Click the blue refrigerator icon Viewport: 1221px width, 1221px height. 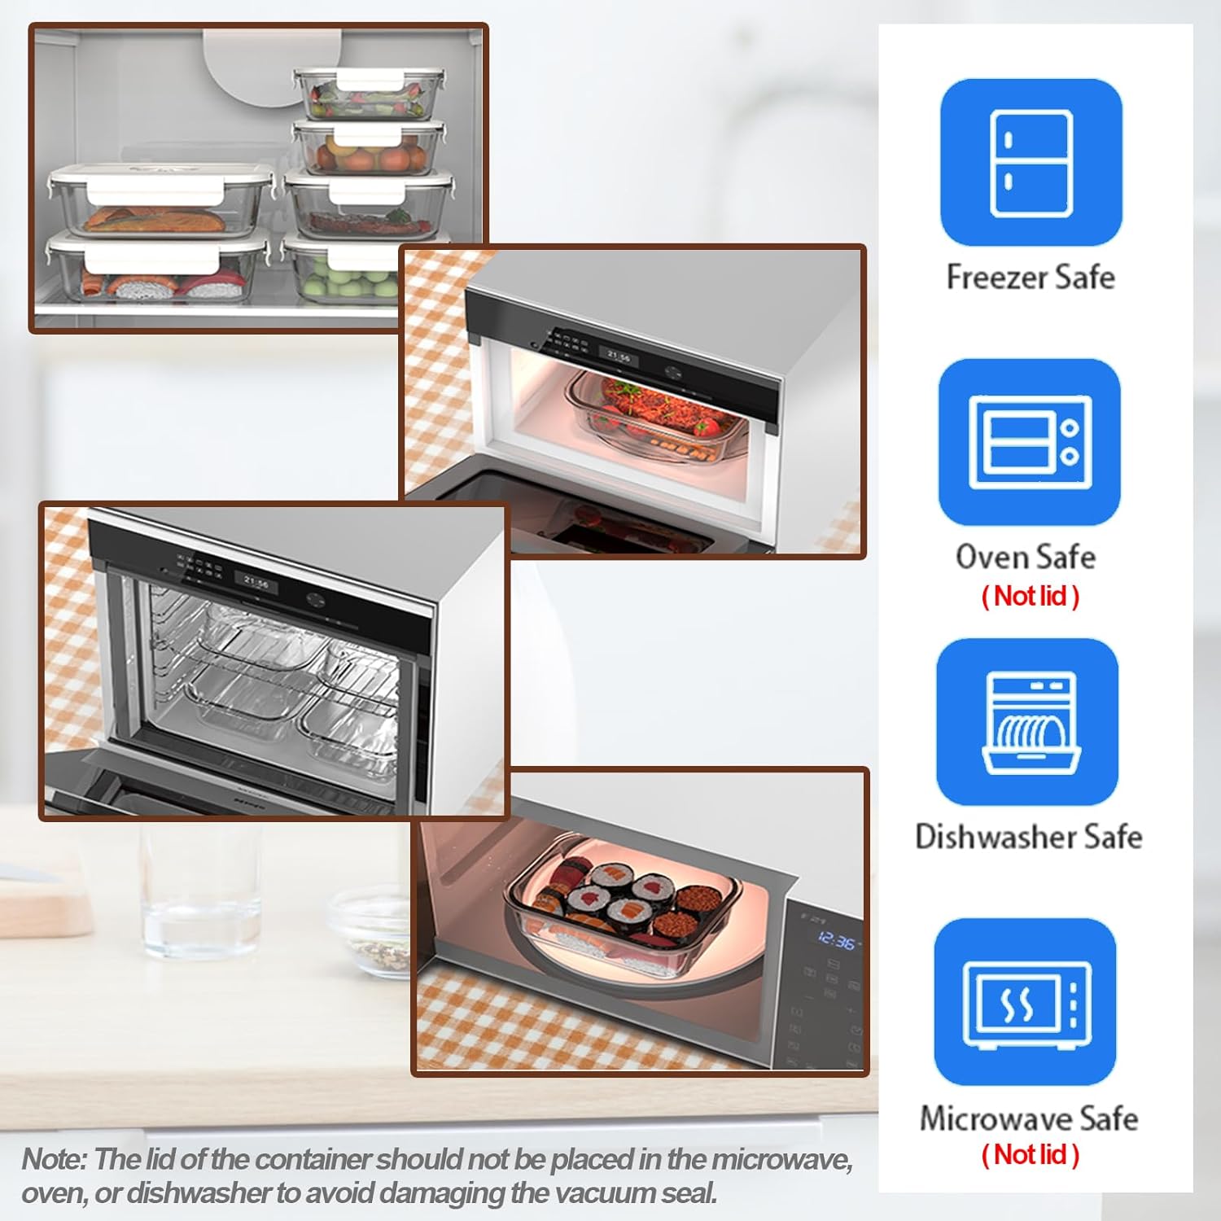click(x=1031, y=162)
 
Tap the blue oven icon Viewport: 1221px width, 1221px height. click(x=1030, y=442)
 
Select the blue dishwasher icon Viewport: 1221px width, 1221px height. click(x=1028, y=722)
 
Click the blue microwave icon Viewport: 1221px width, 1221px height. click(x=1026, y=1002)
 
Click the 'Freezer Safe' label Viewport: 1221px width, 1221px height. click(x=1031, y=278)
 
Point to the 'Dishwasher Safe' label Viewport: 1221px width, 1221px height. click(x=1029, y=837)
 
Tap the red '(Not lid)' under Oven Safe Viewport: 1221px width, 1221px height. click(x=1031, y=596)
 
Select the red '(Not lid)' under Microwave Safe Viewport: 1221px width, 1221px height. click(x=1031, y=1154)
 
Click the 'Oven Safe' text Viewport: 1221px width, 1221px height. click(x=1026, y=558)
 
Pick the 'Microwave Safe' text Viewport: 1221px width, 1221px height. click(x=1029, y=1118)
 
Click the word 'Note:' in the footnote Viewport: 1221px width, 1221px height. click(x=54, y=1159)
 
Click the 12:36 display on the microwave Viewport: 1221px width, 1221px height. click(x=836, y=941)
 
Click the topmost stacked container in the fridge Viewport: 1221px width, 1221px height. click(x=369, y=94)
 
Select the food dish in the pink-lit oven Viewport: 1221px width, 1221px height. click(x=655, y=411)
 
